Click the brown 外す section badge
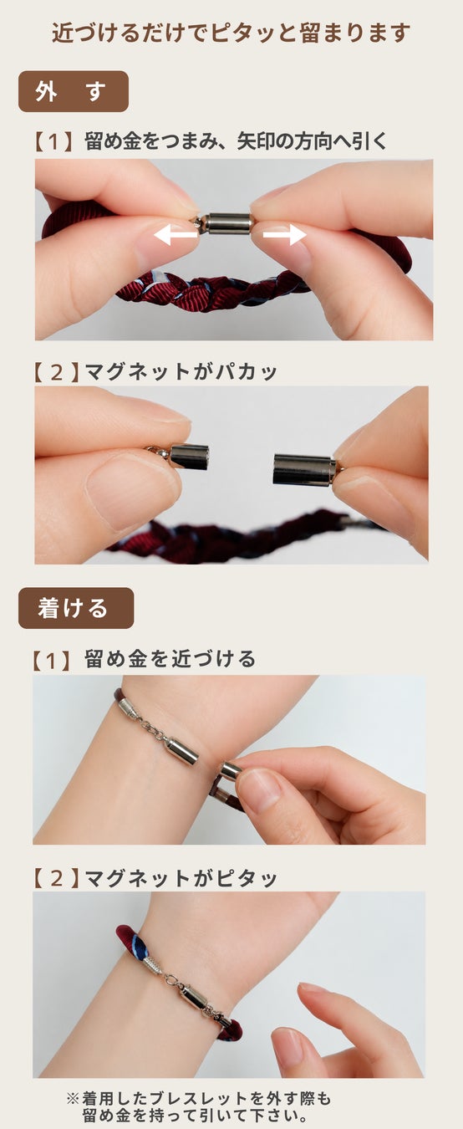click(x=74, y=91)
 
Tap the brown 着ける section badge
click(x=76, y=608)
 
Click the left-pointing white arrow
click(x=176, y=234)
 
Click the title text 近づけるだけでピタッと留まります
click(x=231, y=33)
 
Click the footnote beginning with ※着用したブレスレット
click(x=199, y=1106)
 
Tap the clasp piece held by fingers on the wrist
click(x=231, y=770)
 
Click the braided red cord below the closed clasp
click(x=211, y=290)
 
